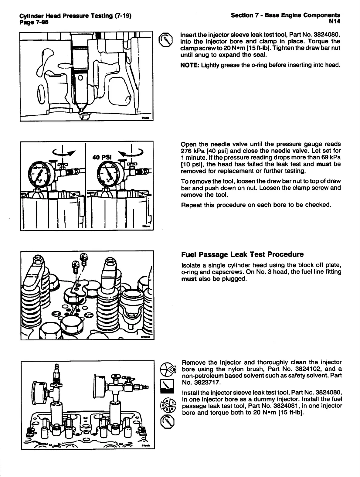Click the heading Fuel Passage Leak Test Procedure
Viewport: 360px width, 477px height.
[242, 254]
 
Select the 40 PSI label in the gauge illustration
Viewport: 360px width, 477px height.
[102, 157]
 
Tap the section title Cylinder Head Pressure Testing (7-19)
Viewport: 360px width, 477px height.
[75, 16]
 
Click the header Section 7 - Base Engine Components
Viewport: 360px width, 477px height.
[285, 15]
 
